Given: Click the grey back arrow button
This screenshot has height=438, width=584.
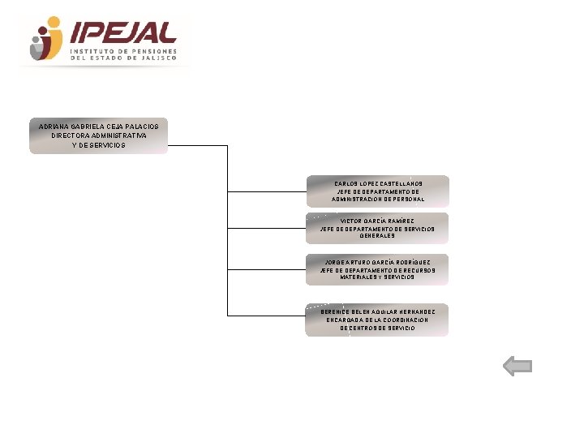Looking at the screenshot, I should point(517,367).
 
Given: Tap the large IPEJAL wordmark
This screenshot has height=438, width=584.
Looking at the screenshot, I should point(123,32).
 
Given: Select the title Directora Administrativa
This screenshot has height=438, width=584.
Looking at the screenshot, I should point(99,135).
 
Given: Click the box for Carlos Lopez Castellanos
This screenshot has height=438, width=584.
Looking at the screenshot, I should point(377,191).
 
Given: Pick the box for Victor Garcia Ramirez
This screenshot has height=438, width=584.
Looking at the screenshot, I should point(377,228).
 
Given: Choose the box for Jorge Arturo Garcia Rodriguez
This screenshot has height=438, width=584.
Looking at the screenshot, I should point(377,269).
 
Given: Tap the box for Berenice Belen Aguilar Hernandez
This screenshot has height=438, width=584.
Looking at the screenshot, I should point(377,320).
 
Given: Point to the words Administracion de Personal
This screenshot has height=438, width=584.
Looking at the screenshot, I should point(378,200).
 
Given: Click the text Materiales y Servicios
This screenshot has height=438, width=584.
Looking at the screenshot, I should point(377,277).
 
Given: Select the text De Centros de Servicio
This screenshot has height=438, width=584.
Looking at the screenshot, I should point(377,328).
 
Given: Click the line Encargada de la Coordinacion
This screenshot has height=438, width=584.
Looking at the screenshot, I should point(377,320).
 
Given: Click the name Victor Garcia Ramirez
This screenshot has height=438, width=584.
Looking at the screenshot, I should point(377,221).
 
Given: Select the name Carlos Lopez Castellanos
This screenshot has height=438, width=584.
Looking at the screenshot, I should point(378,183).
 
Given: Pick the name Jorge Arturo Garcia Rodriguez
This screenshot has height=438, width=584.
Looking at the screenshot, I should point(377,262).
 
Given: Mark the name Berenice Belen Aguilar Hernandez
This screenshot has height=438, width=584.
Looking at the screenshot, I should point(372,311).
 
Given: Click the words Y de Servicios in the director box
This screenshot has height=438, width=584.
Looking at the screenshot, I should point(99,145).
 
